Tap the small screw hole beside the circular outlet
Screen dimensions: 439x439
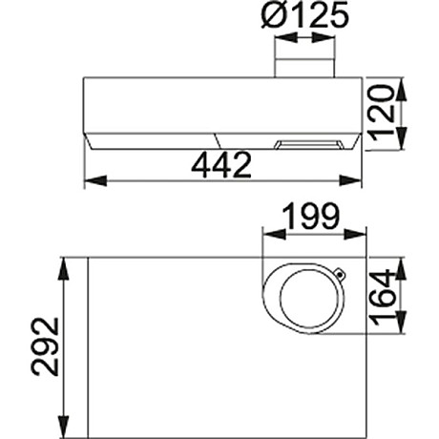[341, 277]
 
